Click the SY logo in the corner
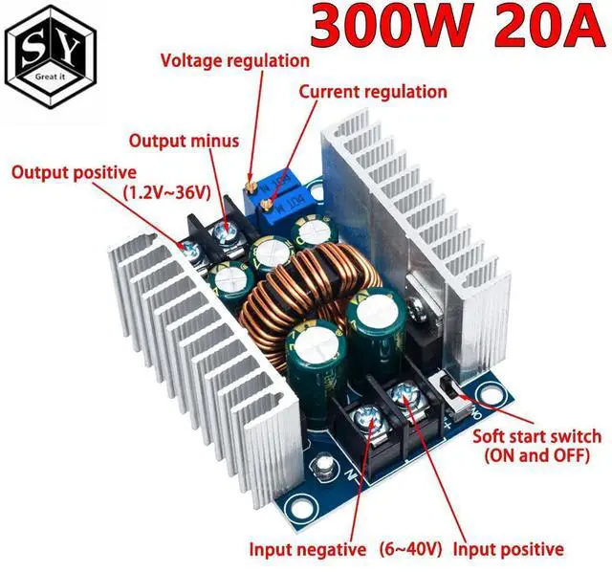pyautogui.click(x=49, y=50)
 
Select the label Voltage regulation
pyautogui.click(x=234, y=60)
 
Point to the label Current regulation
pyautogui.click(x=373, y=92)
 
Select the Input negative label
pyautogui.click(x=308, y=549)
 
